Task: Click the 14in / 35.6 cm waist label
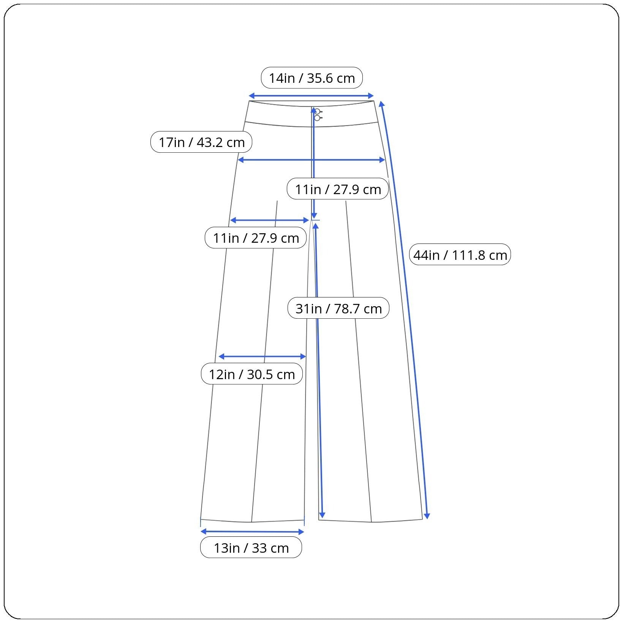coord(311,78)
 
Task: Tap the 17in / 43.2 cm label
coord(201,142)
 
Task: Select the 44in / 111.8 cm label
coord(460,255)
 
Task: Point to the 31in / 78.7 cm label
coord(338,308)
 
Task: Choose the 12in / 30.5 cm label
coord(252,374)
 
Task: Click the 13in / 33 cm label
coord(251,548)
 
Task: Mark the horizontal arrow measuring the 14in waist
coord(311,96)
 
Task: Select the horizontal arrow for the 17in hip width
coord(311,160)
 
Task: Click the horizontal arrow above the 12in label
coord(262,356)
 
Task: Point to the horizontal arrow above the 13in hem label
coord(252,531)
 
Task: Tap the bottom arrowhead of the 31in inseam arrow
coord(322,515)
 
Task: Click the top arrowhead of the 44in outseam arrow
coord(382,104)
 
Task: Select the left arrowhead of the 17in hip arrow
coord(240,160)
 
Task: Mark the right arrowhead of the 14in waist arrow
coord(371,96)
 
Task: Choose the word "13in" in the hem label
coord(226,548)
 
